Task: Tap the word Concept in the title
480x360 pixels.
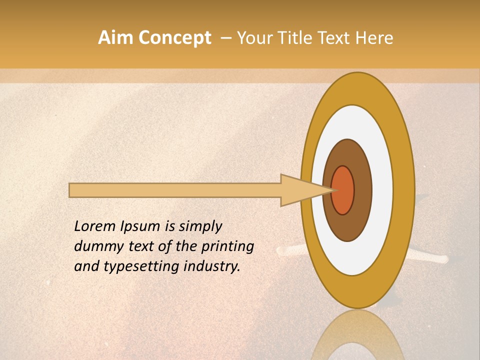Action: click(175, 37)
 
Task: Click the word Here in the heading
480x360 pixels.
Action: click(374, 37)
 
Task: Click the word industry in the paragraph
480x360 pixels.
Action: click(212, 266)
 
